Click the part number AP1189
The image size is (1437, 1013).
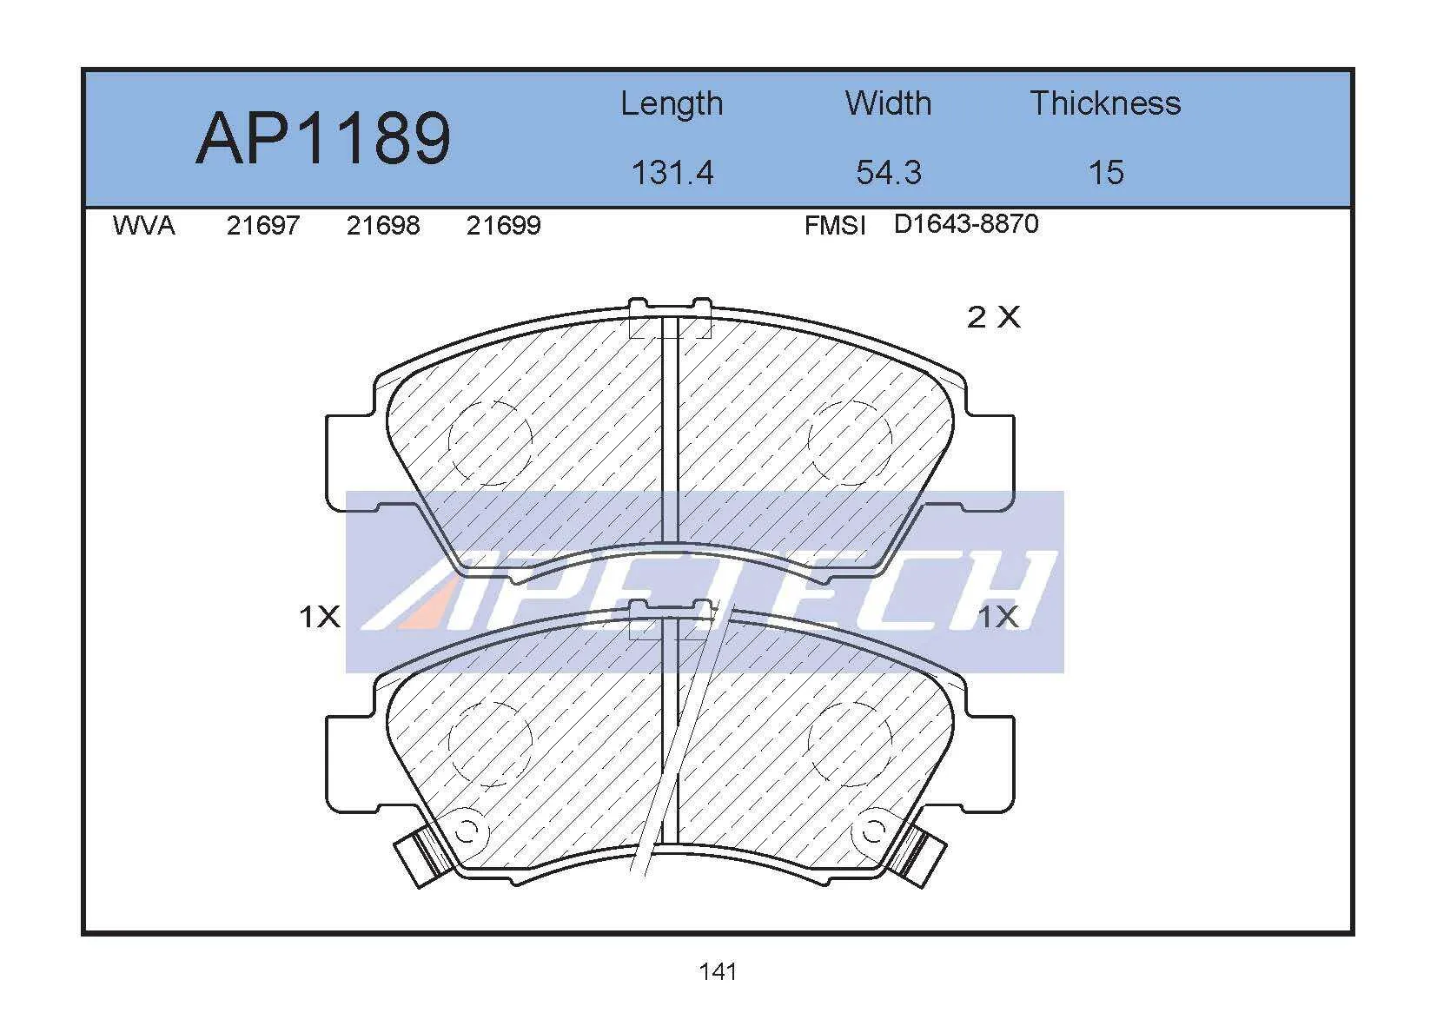[x=323, y=138]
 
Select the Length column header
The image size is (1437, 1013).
[x=672, y=104]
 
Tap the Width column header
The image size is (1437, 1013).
[x=889, y=103]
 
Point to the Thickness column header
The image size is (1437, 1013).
[x=1105, y=103]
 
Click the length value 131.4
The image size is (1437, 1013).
[x=672, y=173]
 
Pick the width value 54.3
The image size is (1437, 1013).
[x=889, y=173]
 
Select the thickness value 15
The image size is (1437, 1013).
[x=1106, y=173]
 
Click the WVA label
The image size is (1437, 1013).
[x=143, y=226]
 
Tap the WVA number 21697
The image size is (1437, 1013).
[x=263, y=226]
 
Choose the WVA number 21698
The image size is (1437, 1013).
[x=383, y=226]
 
